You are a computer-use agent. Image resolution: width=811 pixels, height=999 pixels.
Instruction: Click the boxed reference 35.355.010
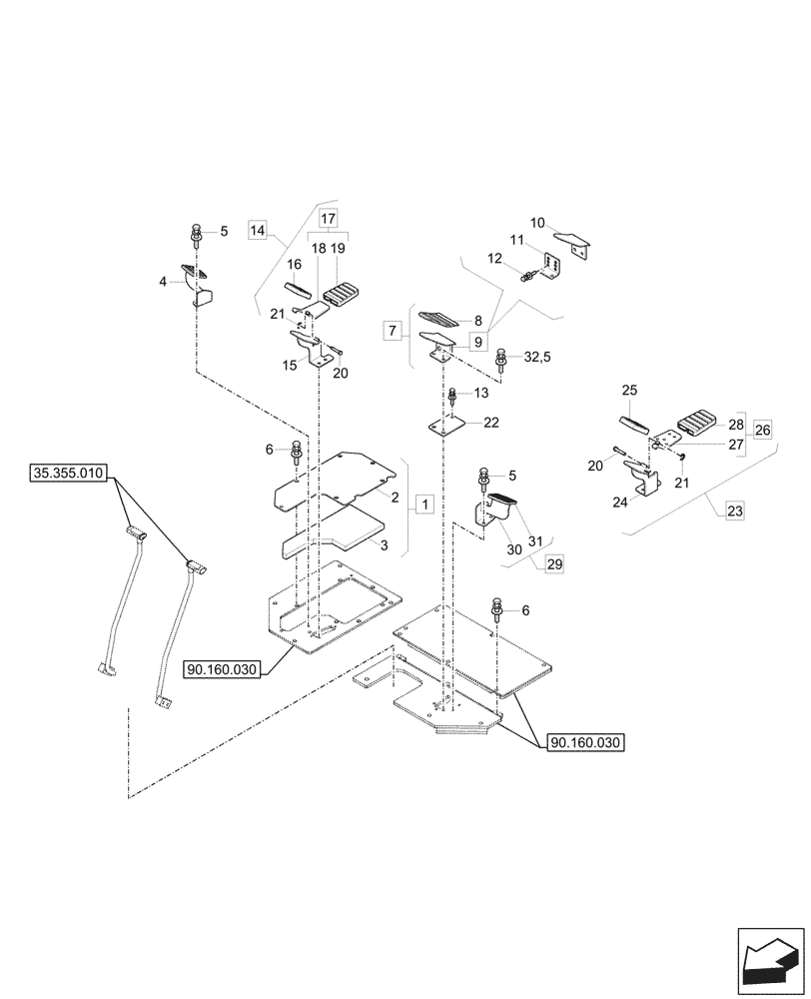pos(68,475)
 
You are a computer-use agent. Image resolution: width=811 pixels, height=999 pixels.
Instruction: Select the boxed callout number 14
pos(257,231)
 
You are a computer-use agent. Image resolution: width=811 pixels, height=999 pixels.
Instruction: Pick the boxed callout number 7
pos(393,328)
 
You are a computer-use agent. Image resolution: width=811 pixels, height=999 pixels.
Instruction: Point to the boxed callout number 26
pos(763,431)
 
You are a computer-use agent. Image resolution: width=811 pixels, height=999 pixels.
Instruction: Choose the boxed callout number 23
pos(734,511)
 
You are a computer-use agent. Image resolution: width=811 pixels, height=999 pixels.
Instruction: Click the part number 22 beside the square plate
pos(491,424)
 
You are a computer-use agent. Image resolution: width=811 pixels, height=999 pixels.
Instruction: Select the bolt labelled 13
pos(453,397)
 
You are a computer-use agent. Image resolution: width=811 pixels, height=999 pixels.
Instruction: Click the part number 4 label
pos(162,283)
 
